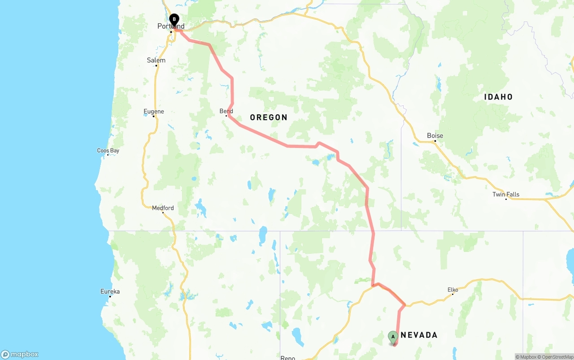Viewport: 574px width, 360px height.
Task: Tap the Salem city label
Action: point(156,60)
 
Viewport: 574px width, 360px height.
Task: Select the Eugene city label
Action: point(154,112)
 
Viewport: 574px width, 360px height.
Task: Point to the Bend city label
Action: point(226,111)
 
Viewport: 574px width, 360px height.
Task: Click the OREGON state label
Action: point(269,117)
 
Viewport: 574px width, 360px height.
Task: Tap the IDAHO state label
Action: point(498,97)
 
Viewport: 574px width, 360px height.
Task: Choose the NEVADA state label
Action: point(419,335)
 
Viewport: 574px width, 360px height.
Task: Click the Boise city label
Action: point(435,135)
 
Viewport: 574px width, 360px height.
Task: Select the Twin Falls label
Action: point(506,194)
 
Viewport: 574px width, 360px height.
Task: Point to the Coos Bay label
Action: point(108,151)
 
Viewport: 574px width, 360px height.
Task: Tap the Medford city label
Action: point(163,208)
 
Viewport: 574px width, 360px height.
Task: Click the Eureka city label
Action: point(110,291)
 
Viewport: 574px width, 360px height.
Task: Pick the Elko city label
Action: point(453,290)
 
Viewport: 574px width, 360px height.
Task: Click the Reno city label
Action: point(288,357)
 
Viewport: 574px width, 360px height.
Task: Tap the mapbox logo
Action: point(20,355)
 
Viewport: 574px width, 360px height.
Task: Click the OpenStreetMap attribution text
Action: point(557,357)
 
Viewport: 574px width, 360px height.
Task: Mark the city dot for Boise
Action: point(435,141)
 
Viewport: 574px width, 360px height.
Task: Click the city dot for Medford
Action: point(163,213)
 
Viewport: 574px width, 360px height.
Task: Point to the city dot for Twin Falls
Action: point(506,199)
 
